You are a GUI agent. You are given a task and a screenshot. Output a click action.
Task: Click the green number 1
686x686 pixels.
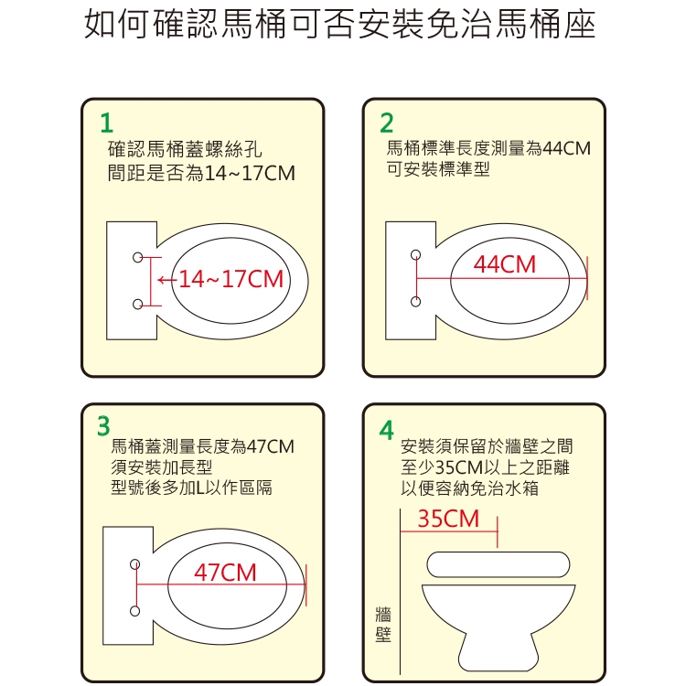click(x=107, y=123)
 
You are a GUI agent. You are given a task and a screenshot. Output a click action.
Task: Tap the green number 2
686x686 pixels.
click(x=387, y=123)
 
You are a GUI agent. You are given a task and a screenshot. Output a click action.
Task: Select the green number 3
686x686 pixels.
click(x=103, y=426)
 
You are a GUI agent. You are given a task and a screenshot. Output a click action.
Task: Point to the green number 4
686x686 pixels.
click(x=386, y=430)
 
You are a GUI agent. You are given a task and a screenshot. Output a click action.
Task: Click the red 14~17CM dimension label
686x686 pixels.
click(x=231, y=279)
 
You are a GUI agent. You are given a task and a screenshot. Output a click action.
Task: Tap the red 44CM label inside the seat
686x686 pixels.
click(x=504, y=264)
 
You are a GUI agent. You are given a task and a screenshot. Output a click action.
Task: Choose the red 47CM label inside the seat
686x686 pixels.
click(x=225, y=573)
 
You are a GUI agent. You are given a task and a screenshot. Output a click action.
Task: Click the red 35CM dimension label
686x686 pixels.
click(x=448, y=519)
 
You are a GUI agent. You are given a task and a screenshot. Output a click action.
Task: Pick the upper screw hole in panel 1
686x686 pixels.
click(x=138, y=257)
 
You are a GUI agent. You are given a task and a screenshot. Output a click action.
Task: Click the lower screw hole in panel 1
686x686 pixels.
click(x=138, y=304)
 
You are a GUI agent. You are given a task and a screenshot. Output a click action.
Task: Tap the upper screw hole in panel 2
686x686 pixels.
click(x=415, y=254)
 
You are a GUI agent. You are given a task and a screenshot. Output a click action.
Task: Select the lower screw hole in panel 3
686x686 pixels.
click(x=135, y=611)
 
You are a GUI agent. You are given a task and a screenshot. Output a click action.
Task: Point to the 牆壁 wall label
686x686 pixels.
click(x=383, y=625)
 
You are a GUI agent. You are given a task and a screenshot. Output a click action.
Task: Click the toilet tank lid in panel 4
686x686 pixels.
click(x=498, y=564)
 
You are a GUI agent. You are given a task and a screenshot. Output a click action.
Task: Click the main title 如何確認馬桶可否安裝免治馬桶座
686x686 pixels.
click(x=340, y=25)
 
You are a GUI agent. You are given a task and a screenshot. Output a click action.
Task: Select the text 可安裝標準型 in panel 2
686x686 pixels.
click(x=437, y=169)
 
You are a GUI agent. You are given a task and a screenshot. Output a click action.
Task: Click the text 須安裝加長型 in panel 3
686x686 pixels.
click(x=161, y=467)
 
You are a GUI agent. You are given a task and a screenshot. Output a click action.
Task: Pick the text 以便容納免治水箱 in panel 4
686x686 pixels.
click(x=469, y=488)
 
